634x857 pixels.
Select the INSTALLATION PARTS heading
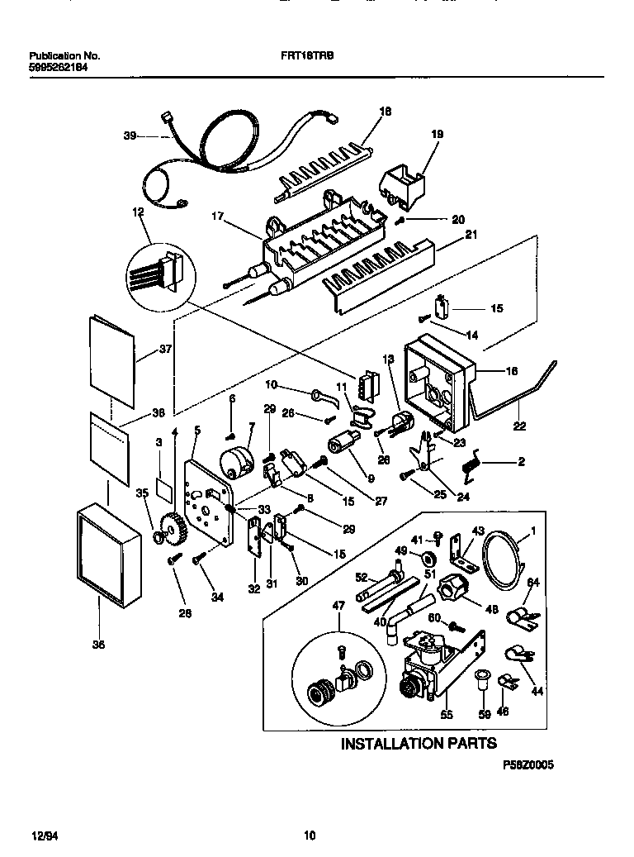pos(419,743)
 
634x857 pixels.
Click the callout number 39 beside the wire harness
pos(130,136)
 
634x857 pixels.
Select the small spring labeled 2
pos(472,465)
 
